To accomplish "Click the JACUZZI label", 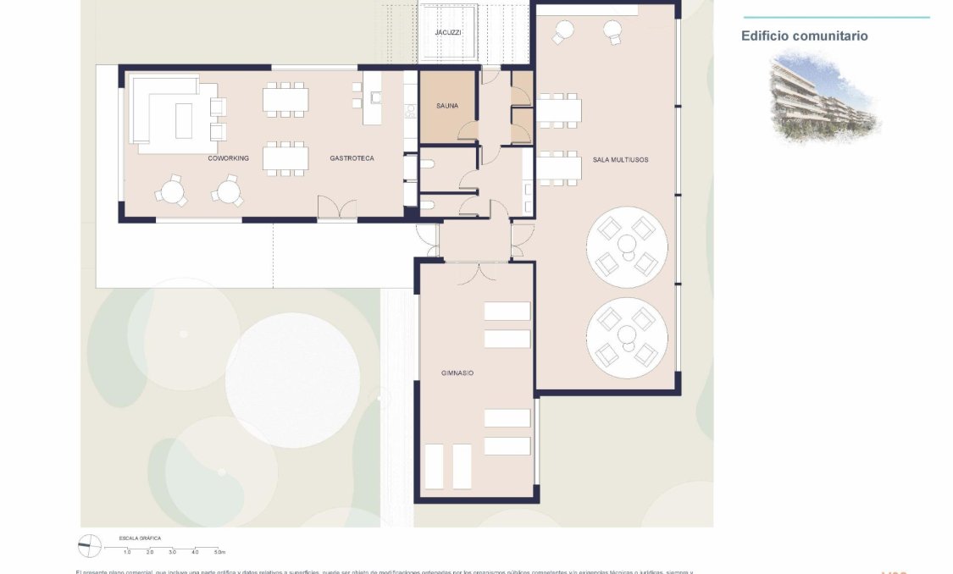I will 448,32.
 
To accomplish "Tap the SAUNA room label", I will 447,106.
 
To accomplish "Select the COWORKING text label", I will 230,158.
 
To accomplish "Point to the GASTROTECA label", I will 352,158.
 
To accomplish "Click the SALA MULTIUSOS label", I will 620,158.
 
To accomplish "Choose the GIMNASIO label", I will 457,373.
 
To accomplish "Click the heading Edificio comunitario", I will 804,36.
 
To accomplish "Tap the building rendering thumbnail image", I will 824,95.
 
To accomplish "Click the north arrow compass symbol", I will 89,546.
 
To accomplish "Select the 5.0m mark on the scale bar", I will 219,552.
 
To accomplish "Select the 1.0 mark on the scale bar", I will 127,552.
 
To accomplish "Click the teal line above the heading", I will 835,17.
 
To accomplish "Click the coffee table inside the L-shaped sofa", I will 184,120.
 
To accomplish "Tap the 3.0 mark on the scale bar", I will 173,552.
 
